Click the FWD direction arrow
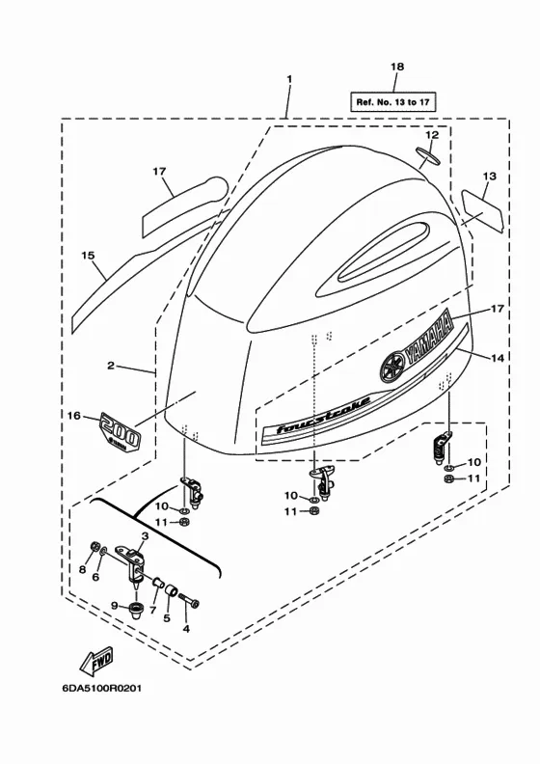96,661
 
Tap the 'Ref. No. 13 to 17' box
393,102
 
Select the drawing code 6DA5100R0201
102,689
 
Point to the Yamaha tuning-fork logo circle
392,366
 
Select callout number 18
397,67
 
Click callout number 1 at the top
289,79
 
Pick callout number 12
432,134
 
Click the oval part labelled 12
428,156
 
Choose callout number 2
111,365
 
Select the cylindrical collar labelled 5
172,591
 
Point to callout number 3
145,536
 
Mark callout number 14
498,358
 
